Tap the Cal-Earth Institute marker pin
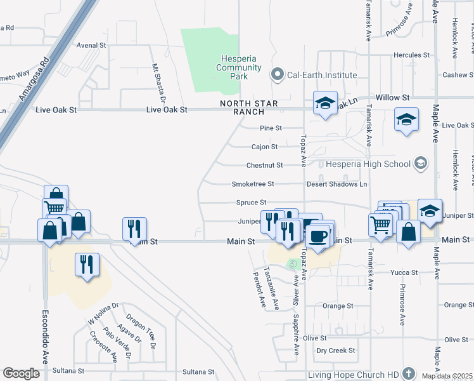(276, 75)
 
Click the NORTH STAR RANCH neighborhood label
(240, 107)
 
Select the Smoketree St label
(252, 184)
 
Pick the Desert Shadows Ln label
(336, 184)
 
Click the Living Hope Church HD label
(353, 375)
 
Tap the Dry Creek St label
(336, 350)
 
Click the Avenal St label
(91, 45)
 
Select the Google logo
(22, 373)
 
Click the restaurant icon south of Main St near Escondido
(86, 264)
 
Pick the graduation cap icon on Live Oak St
(406, 120)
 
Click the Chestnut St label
(264, 165)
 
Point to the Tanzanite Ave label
(272, 287)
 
